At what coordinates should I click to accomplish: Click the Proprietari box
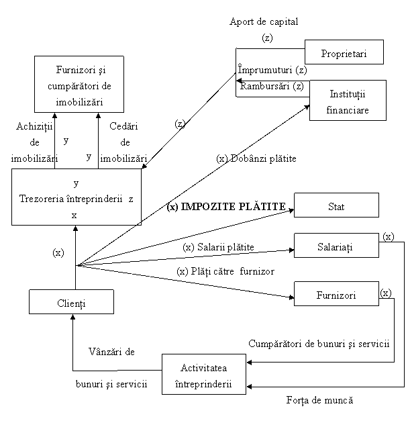[x=344, y=52]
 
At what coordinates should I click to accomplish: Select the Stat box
[x=336, y=205]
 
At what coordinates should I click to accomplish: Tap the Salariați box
[x=336, y=246]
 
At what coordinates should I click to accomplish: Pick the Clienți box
[x=71, y=302]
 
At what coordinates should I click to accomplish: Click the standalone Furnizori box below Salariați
[x=336, y=294]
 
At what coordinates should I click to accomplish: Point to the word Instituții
[x=348, y=93]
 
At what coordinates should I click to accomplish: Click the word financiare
[x=348, y=109]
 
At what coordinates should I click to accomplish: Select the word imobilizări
[x=79, y=102]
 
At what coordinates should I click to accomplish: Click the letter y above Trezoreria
[x=76, y=183]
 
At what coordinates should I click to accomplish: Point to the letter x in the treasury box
[x=74, y=215]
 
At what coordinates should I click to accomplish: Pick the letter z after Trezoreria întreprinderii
[x=131, y=199]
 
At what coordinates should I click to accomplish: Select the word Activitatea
[x=203, y=367]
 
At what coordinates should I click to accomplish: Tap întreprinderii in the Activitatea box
[x=203, y=383]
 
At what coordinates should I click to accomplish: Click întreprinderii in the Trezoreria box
[x=93, y=199]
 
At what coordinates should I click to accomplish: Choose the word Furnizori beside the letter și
[x=71, y=70]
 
